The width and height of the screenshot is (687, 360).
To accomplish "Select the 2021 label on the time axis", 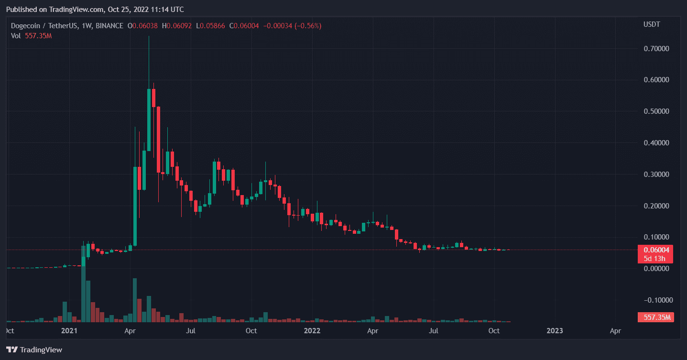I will point(69,331).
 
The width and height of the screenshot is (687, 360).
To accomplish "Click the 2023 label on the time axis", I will point(555,331).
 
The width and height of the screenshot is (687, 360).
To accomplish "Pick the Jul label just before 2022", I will point(191,331).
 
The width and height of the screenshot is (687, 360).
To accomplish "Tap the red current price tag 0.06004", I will point(655,250).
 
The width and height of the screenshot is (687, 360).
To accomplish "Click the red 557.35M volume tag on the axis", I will point(655,317).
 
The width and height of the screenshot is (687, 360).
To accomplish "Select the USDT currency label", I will point(652,24).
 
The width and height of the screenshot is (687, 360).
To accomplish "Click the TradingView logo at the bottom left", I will point(34,350).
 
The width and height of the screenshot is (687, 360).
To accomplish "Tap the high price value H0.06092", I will point(177,25).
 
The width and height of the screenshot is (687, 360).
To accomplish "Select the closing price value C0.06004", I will point(244,25).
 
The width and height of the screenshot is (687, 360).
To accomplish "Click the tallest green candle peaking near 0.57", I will point(149,120).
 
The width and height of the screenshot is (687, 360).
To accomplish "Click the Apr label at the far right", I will point(616,331).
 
